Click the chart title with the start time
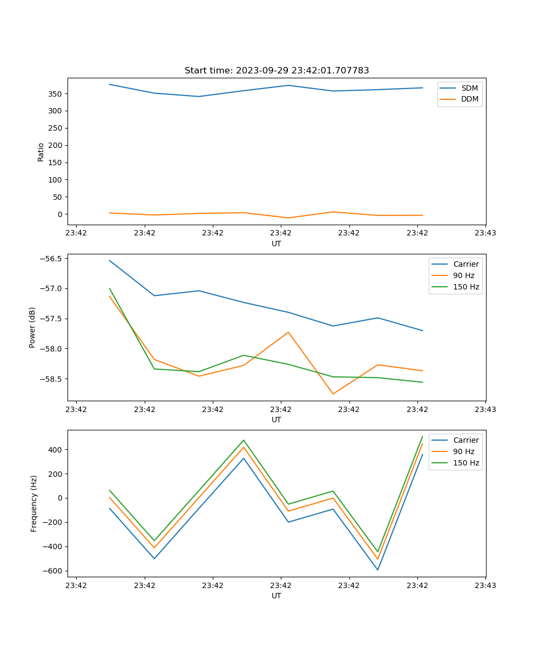[x=276, y=71]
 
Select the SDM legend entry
[x=469, y=88]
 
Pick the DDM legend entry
[x=469, y=99]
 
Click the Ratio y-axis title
[x=40, y=152]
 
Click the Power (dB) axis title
[x=32, y=327]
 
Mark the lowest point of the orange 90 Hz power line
[x=333, y=394]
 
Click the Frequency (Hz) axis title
[x=33, y=503]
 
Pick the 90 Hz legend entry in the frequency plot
[x=463, y=451]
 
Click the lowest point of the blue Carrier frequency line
[x=377, y=570]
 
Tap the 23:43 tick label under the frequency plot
[x=485, y=585]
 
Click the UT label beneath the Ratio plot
[x=276, y=244]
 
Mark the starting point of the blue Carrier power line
[x=110, y=260]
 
